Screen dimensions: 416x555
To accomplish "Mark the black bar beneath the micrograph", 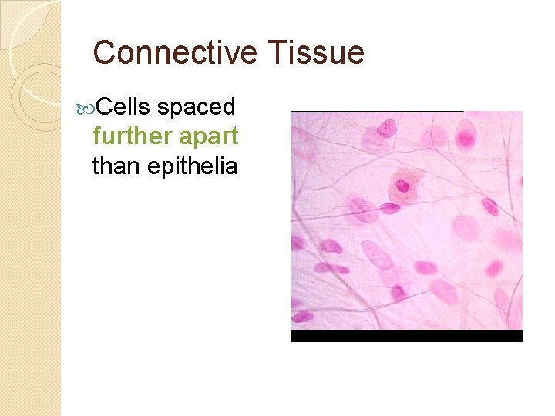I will point(406,336).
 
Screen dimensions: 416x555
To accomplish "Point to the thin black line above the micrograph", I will point(377,111).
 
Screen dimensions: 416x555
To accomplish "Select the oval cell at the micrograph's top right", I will point(466,136).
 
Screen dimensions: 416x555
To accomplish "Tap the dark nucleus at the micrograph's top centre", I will point(387,128).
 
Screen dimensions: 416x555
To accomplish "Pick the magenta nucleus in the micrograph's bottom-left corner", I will point(301,316).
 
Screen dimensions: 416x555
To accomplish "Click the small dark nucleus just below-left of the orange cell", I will point(389,207).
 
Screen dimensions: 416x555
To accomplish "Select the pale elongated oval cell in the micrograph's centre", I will point(376,254).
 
